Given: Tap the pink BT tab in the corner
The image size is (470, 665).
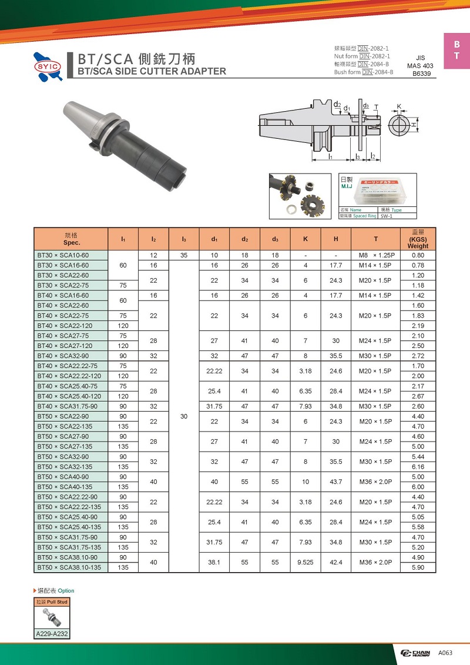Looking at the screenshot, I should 456,51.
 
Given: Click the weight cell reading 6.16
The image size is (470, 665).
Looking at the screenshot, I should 418,467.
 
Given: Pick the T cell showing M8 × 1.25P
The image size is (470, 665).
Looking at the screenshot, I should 375,255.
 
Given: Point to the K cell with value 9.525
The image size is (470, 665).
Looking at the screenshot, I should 305,562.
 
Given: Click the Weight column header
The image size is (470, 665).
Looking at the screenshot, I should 418,239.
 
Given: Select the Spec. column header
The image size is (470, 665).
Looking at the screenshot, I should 71,239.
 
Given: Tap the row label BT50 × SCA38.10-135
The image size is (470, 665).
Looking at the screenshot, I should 70,567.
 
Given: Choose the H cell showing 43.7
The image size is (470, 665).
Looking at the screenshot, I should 335,482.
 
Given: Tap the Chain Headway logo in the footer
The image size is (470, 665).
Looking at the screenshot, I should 415,653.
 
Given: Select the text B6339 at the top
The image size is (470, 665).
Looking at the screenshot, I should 421,75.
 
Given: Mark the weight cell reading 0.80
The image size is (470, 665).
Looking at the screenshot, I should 418,255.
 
